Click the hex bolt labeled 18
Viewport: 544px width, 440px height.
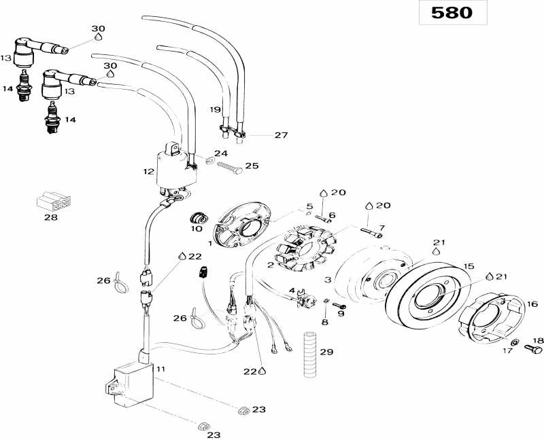pos(534,349)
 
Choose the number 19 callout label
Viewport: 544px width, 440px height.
pos(215,109)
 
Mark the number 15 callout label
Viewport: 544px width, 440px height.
pos(469,265)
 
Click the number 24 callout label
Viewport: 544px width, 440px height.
pos(222,153)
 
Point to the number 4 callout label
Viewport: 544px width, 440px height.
pos(291,290)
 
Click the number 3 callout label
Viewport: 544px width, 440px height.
pos(328,280)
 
